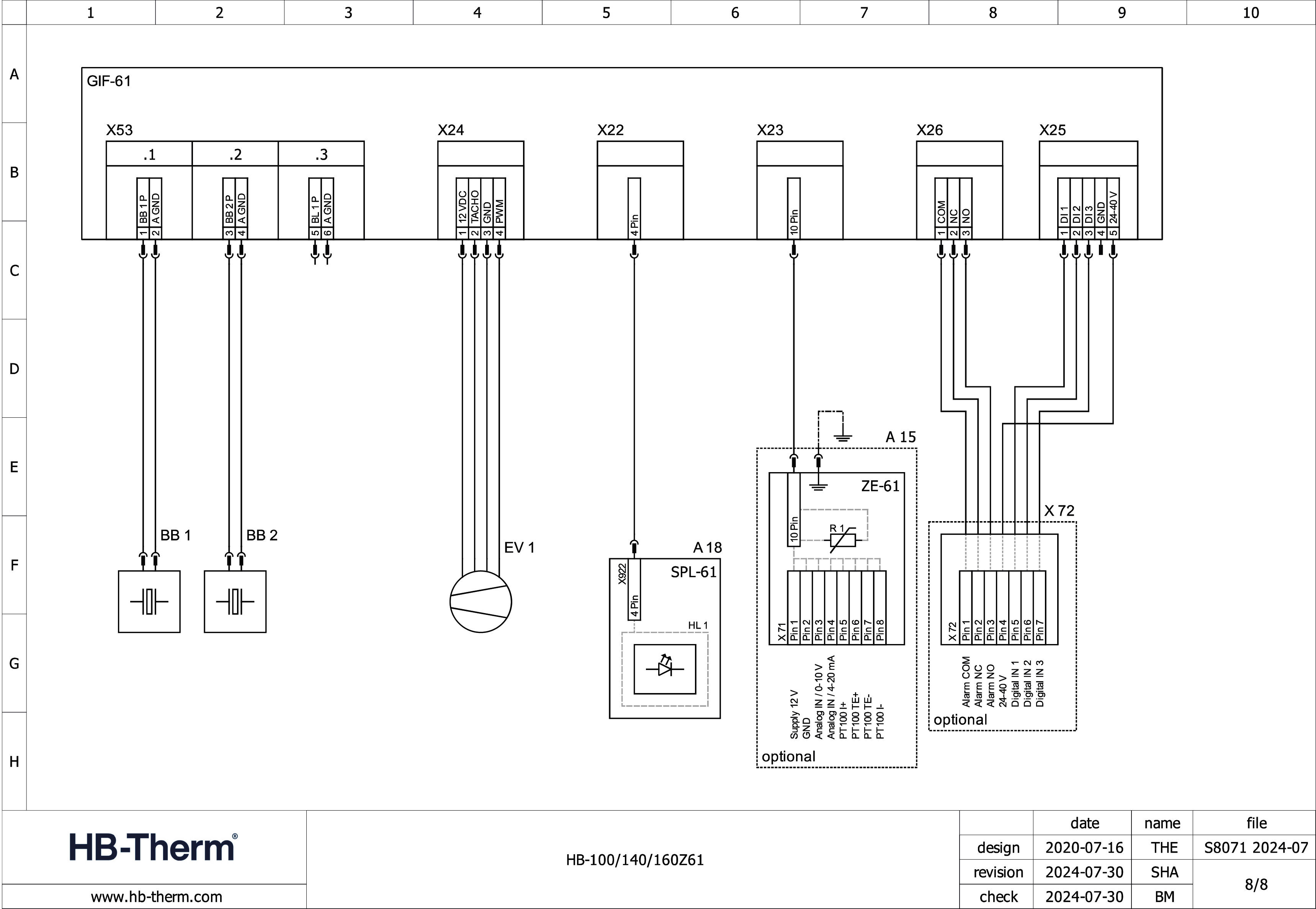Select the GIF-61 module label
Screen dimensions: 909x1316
109,82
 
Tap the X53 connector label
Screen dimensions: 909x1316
119,131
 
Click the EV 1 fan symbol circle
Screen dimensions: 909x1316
481,602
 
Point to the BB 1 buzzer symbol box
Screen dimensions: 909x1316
149,602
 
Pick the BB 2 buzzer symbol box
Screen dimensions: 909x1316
235,602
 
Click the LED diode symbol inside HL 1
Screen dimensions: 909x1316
665,669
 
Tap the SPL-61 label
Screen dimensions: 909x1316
693,572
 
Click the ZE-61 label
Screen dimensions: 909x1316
880,486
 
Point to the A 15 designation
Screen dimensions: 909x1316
900,437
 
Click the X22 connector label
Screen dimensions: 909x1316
610,131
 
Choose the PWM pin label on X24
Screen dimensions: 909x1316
499,211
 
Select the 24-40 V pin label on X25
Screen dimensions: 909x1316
1113,207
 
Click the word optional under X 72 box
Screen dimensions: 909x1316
960,719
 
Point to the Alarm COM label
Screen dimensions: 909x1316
966,682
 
